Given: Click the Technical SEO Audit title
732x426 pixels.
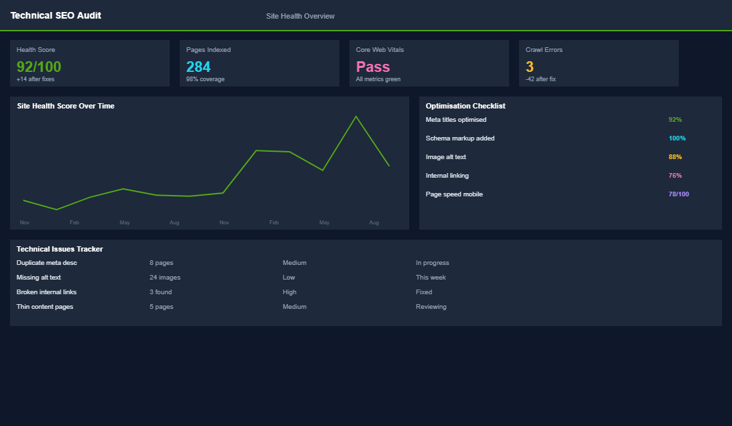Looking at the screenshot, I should point(56,15).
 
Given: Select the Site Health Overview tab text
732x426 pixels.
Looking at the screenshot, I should point(300,16).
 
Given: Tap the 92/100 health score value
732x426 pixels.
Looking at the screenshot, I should point(39,67).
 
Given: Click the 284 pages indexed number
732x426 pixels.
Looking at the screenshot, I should point(198,67).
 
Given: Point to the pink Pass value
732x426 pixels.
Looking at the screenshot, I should point(373,67).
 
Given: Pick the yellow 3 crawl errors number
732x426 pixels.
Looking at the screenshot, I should point(530,67).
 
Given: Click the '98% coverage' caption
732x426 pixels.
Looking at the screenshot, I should point(206,79).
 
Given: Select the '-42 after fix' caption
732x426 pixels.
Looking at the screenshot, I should point(540,79).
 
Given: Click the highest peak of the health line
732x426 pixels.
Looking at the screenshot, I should point(356,117).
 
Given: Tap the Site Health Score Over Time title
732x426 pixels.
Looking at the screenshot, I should point(66,106).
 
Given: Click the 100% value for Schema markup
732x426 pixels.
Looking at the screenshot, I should point(677,138).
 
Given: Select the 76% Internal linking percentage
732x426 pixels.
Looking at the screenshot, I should point(675,176).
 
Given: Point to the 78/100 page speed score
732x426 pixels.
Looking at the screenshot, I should point(679,194).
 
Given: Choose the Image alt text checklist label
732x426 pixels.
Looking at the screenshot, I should point(446,157).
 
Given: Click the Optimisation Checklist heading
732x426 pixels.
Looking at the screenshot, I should point(466,106).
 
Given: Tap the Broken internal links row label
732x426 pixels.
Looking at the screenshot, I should point(47,292).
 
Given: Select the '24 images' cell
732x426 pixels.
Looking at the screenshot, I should point(165,278).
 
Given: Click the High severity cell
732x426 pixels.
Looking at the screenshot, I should point(289,292).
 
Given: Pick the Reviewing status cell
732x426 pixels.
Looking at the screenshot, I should point(431,307).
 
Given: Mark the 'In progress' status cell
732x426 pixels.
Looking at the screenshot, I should point(433,263).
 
